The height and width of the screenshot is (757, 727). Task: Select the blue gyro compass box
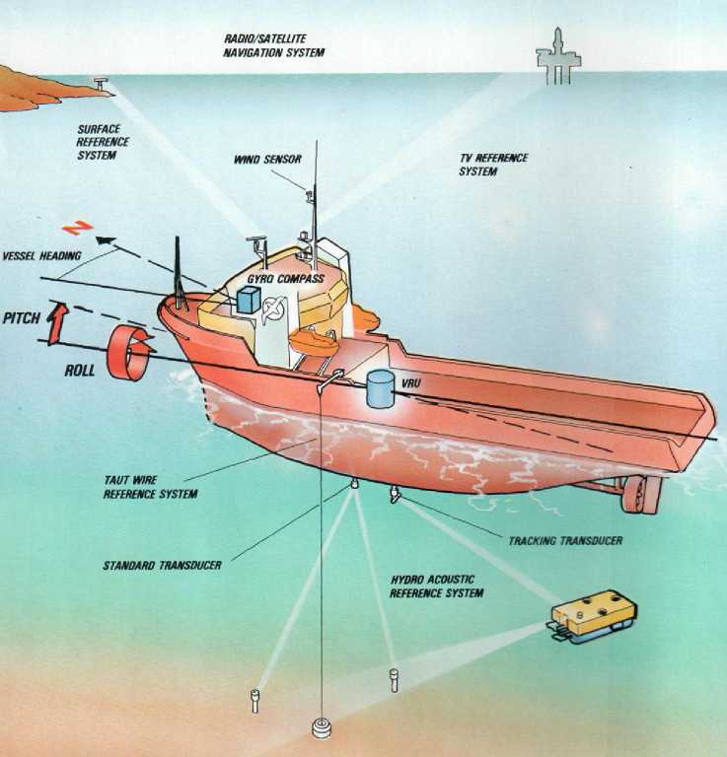[x=247, y=300]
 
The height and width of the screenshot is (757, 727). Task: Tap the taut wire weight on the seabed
[x=322, y=728]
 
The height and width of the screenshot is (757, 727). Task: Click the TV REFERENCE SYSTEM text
[x=493, y=165]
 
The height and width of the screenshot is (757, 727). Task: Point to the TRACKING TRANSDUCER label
[x=565, y=541]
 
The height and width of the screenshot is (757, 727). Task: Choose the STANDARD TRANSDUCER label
[x=162, y=566]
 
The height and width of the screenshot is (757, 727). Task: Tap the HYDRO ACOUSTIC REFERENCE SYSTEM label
[x=436, y=586]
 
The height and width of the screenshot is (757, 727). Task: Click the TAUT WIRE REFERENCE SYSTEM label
[x=150, y=486]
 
